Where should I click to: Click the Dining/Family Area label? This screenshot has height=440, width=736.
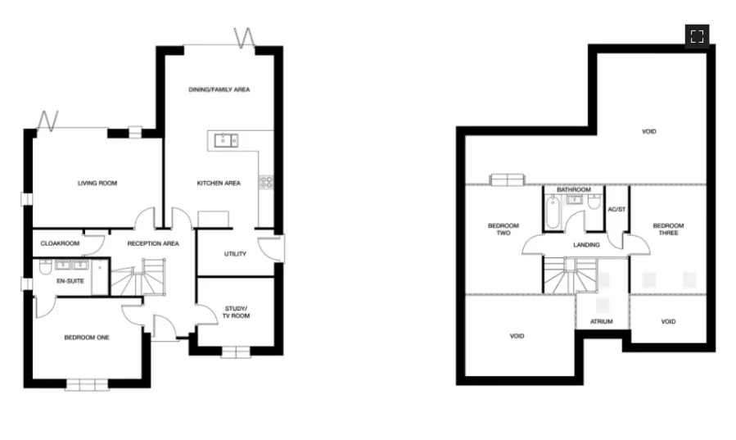219,89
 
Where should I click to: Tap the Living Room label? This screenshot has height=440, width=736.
97,183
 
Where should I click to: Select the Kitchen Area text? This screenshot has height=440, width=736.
219,183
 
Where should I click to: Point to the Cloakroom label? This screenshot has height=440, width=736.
60,243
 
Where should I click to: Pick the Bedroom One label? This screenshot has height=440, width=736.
87,337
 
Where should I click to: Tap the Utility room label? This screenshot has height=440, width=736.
235,254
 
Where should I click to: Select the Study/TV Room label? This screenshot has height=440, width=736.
236,312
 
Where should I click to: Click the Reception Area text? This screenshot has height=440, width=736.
153,243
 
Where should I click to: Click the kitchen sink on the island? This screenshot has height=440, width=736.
227,141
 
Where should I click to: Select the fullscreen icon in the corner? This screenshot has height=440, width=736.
697,36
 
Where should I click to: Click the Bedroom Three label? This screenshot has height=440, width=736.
668,229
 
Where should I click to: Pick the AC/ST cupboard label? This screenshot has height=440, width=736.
616,210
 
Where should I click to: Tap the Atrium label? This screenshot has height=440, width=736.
602,322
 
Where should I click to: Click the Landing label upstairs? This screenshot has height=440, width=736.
586,244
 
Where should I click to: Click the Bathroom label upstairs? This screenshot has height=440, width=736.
574,189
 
